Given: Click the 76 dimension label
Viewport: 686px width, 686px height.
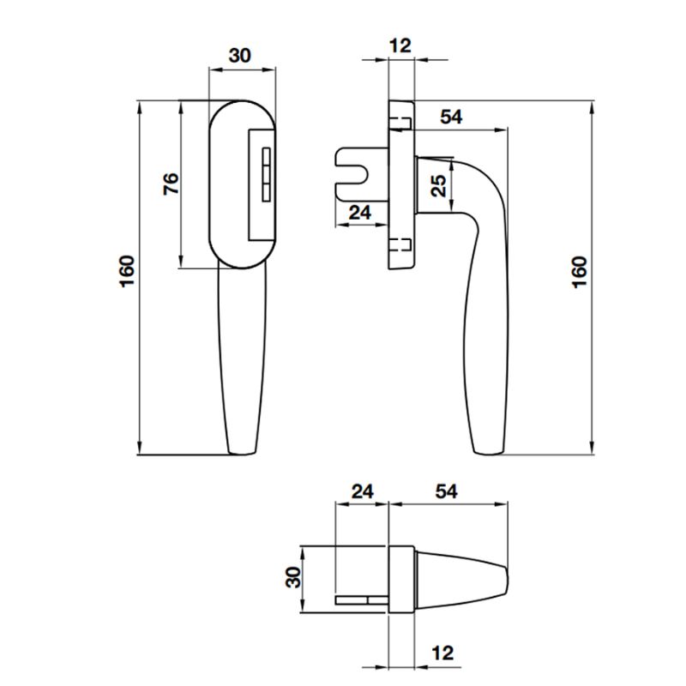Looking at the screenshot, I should pos(171,184).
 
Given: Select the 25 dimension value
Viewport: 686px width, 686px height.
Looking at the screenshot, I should pos(438,186).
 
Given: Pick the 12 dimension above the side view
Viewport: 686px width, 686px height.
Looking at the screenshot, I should pos(400,45).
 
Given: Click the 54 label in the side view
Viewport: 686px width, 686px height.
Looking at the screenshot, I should pos(451,117).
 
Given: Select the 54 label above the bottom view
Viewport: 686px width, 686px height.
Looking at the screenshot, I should pos(446,491).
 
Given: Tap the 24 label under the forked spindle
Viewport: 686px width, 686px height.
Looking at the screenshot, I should pos(360,212).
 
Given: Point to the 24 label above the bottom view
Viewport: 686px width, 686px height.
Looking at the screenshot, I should pos(364,491).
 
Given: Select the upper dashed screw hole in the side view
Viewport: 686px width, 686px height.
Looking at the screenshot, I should pos(400,118).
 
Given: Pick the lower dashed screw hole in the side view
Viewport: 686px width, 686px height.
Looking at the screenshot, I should pos(400,245).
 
